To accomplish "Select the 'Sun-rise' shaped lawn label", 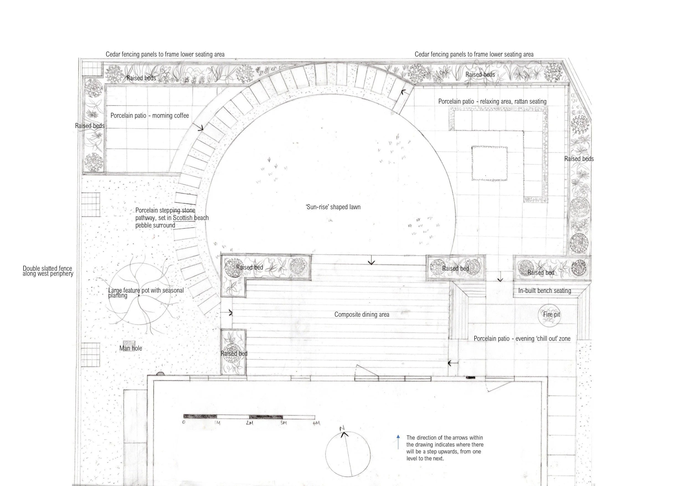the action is point(333,207).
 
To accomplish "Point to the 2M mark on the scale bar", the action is point(249,423).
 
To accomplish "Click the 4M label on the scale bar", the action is point(316,423).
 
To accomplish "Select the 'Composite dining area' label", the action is point(362,314).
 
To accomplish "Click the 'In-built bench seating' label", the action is point(545,290).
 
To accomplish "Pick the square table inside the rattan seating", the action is point(490,163).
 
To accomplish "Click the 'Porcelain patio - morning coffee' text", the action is point(150,116).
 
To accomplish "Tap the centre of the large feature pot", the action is point(139,296).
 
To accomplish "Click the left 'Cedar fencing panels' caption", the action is point(165,54).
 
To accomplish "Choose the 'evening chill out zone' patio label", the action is point(522,338).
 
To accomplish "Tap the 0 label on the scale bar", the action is point(183,422).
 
